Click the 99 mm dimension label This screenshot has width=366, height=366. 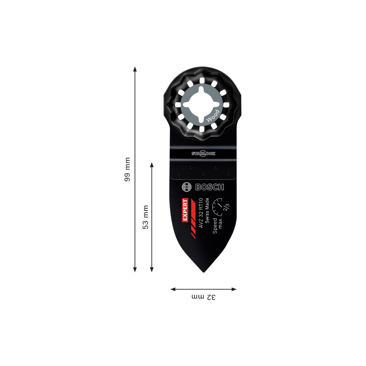pyautogui.click(x=127, y=169)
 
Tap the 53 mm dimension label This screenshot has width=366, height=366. pyautogui.click(x=145, y=217)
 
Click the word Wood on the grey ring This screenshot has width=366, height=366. pyautogui.click(x=213, y=116)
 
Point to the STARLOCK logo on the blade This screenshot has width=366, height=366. pyautogui.click(x=203, y=153)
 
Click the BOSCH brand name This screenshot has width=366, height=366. pyautogui.click(x=210, y=187)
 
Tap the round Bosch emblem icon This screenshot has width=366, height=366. pyautogui.click(x=186, y=187)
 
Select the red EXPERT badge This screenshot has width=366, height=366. pyautogui.click(x=185, y=210)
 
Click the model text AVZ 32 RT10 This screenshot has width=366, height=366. pyautogui.click(x=201, y=213)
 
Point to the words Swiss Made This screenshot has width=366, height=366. pyautogui.click(x=207, y=210)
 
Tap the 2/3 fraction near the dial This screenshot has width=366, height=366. pyautogui.click(x=226, y=207)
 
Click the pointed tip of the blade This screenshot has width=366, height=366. pyautogui.click(x=204, y=272)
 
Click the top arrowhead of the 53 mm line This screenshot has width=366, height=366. pyautogui.click(x=152, y=164)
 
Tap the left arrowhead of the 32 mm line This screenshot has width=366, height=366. pyautogui.click(x=173, y=289)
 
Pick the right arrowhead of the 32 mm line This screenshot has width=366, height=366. pyautogui.click(x=234, y=289)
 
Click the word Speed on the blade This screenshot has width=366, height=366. pyautogui.click(x=215, y=226)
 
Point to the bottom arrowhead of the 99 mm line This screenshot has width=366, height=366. pyautogui.click(x=135, y=270)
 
